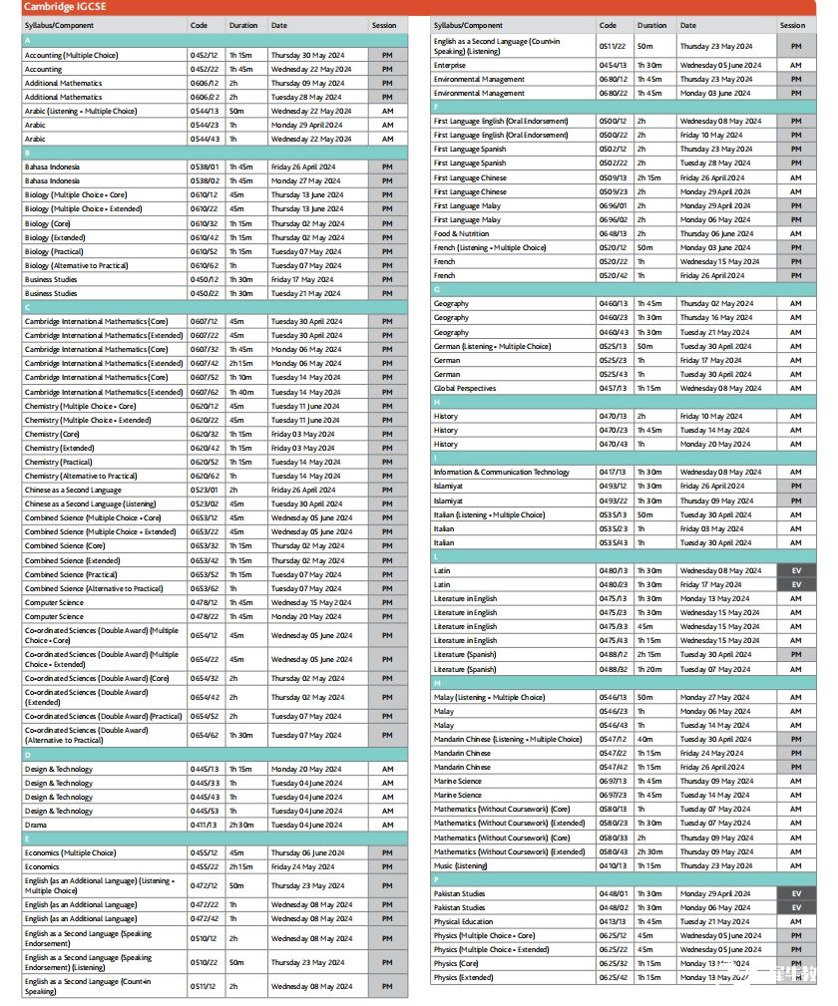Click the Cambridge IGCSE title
pos(59,7)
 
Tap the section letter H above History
pos(437,402)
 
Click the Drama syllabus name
pos(36,825)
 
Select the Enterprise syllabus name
pos(450,65)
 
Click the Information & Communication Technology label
pos(501,472)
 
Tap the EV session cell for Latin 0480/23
pos(795,584)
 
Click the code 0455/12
pos(204,852)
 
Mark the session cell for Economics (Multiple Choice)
pos(387,852)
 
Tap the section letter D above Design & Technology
pos(27,755)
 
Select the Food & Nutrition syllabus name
pos(461,233)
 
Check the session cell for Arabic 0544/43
pos(387,139)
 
